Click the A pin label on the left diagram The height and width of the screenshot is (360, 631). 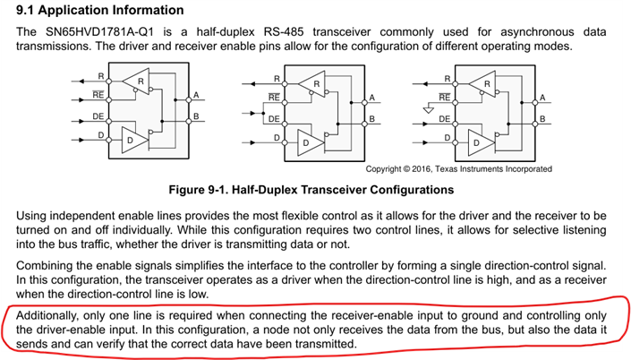point(195,95)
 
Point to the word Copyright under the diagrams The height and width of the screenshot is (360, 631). point(388,168)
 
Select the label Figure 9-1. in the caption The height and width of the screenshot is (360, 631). point(220,189)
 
